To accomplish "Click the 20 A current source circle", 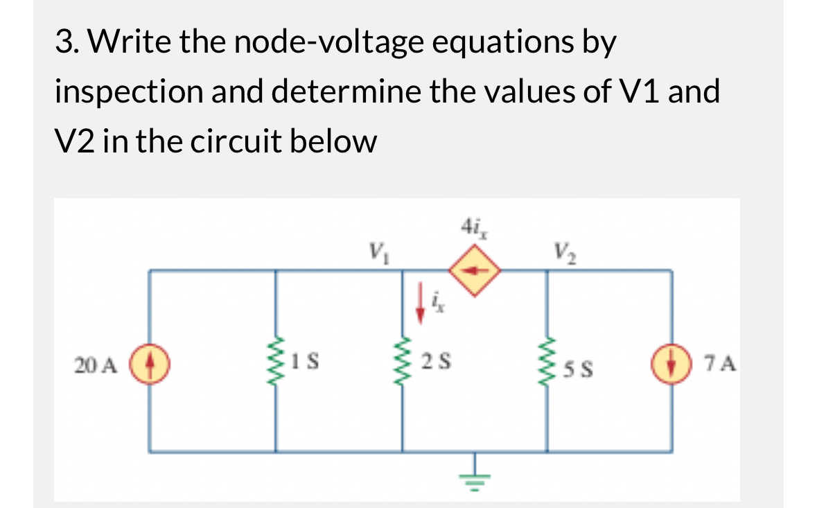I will (x=152, y=362).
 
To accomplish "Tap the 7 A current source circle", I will (x=671, y=362).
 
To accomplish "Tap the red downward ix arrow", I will (x=420, y=306).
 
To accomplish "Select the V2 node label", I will (x=561, y=248).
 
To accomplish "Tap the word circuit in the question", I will (x=229, y=141).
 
